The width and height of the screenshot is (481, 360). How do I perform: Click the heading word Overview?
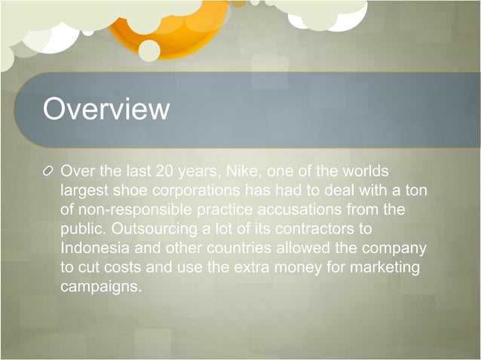tap(106, 110)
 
